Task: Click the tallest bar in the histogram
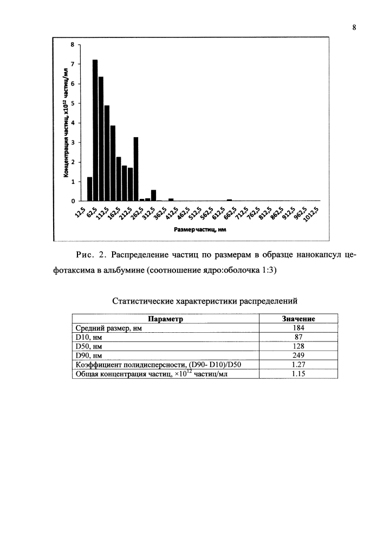95,130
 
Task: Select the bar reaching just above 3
136,169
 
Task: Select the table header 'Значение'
299,319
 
